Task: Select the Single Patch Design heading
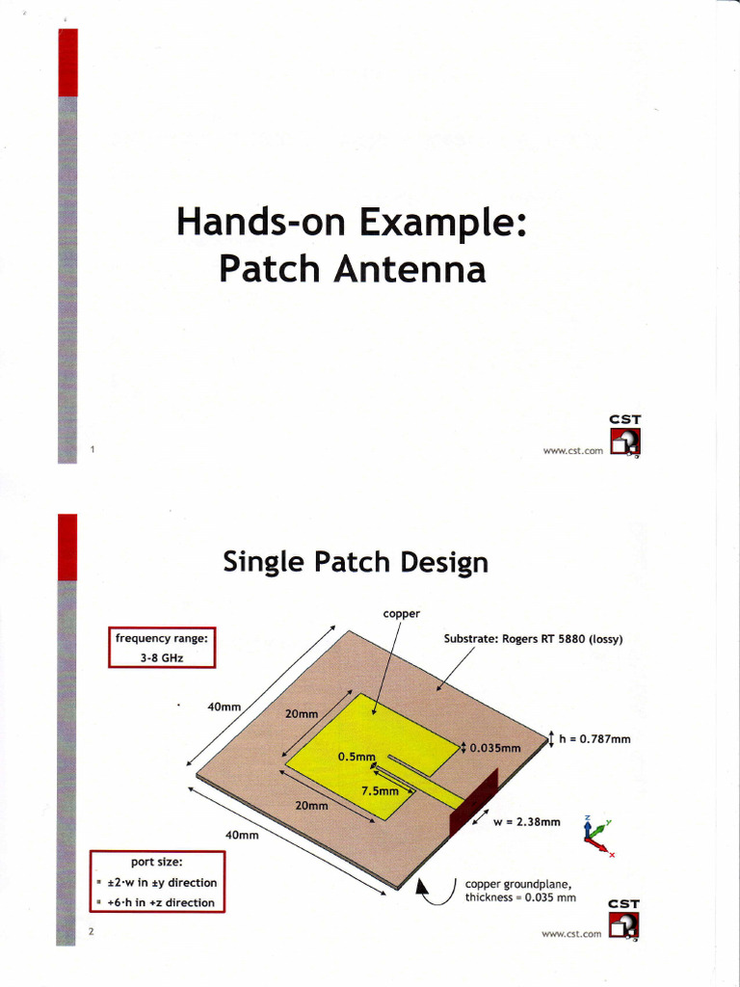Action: coord(355,562)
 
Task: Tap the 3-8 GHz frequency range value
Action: coord(162,657)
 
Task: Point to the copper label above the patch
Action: coord(401,613)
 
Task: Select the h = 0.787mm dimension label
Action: coord(595,739)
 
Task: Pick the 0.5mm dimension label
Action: coord(355,757)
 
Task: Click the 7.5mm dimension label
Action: coord(379,790)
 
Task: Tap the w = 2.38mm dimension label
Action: coord(526,822)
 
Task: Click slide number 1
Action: coord(92,449)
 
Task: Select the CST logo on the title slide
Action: coord(624,436)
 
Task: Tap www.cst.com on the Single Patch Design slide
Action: coord(572,933)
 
